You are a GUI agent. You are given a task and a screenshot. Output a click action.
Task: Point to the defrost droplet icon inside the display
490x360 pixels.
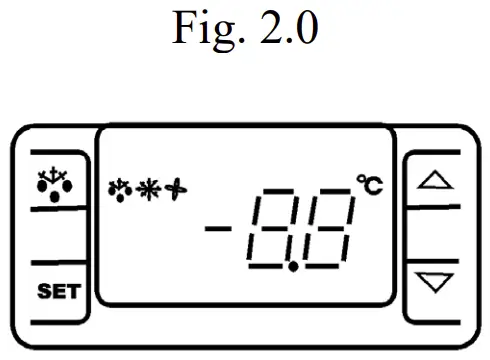117,187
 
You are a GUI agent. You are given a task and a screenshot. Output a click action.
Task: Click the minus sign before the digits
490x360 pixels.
219,229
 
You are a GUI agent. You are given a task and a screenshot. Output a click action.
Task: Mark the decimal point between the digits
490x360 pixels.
291,268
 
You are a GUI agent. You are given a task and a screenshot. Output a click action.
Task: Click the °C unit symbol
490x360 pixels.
368,184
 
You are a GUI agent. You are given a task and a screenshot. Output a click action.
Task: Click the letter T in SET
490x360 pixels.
76,293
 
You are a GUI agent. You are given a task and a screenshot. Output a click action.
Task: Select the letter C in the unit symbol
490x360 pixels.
372,185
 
